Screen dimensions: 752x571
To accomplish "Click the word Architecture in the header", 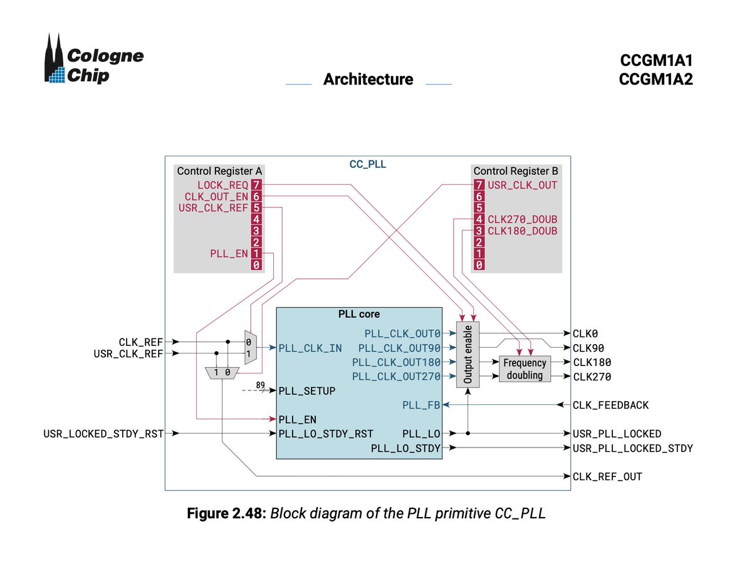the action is (x=368, y=79).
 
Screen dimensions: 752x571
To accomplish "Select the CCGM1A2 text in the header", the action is (x=655, y=79).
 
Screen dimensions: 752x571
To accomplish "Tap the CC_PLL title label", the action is (x=368, y=164).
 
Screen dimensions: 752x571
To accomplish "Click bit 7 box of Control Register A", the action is (x=256, y=185).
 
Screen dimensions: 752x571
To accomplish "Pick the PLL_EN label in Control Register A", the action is (x=229, y=253).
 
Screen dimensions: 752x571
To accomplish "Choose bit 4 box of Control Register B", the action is (x=479, y=219).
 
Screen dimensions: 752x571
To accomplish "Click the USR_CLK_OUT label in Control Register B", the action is (x=522, y=185).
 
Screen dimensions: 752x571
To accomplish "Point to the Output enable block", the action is (x=467, y=355).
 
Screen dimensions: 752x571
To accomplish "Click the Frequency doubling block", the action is (x=525, y=369).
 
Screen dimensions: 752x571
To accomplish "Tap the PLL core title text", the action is (x=359, y=314).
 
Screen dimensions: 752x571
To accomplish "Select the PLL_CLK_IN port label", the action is (x=310, y=348).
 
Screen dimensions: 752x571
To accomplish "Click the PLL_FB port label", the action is (x=421, y=405).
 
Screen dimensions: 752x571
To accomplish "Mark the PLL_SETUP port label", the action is (x=307, y=391).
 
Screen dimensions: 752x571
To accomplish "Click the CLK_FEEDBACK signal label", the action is (x=610, y=405).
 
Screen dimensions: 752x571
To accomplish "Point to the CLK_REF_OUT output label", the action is (x=607, y=476).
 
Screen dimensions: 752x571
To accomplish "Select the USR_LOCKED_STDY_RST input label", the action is (x=103, y=434).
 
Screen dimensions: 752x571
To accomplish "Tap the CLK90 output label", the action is (x=588, y=348).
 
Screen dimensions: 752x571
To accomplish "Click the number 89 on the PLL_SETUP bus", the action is (x=260, y=385).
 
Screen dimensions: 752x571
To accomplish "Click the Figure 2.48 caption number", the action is (x=226, y=513).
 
